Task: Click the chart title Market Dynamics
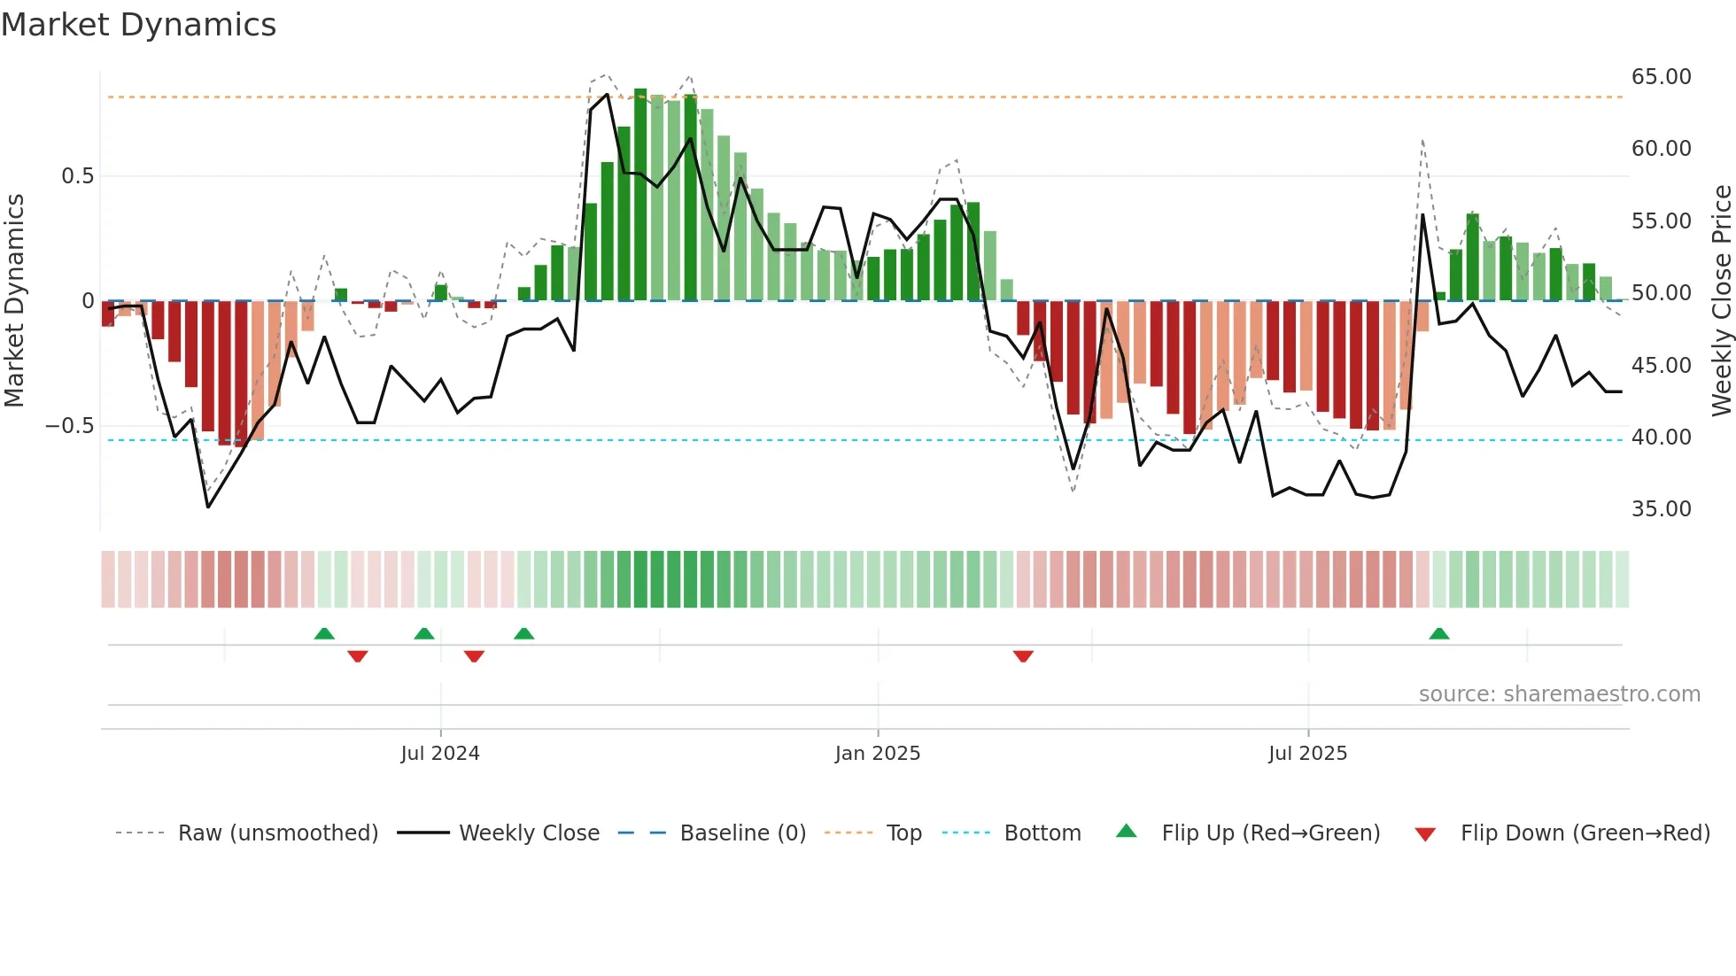coord(138,25)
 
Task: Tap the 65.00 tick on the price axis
coord(1661,77)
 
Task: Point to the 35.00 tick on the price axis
coord(1661,509)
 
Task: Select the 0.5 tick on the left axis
coord(77,176)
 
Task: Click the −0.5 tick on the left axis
coord(70,426)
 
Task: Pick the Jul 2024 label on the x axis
coord(439,754)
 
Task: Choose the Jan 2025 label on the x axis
coord(877,754)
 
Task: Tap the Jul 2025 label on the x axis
coord(1307,754)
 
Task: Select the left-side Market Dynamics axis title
coord(14,300)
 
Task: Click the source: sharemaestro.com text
coord(1559,694)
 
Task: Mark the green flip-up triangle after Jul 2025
coord(1439,634)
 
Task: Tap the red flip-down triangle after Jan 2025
coord(1023,656)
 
